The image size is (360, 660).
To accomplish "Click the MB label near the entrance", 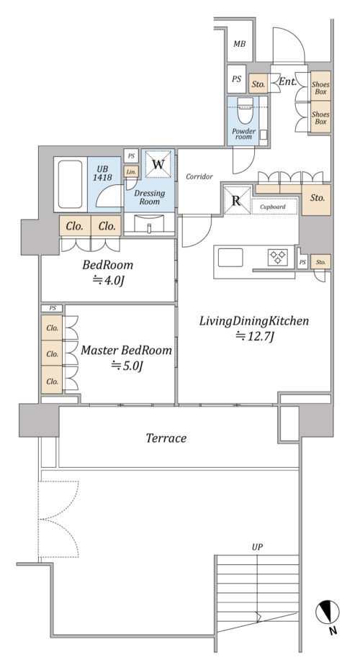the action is (240, 44).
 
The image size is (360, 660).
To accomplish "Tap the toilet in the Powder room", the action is (245, 110).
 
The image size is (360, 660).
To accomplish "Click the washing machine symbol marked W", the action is (158, 163).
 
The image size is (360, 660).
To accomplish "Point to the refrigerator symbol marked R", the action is (237, 200).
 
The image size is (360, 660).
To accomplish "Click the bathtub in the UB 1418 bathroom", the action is (71, 184).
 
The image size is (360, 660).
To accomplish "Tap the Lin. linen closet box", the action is (131, 172).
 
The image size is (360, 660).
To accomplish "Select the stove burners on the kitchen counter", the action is (277, 257).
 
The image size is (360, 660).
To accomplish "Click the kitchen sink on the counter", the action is (230, 257).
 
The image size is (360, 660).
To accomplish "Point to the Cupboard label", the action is (272, 207).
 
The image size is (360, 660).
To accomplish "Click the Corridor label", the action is (199, 177).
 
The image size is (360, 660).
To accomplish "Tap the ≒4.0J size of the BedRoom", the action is (108, 281).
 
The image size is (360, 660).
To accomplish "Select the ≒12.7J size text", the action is (255, 336).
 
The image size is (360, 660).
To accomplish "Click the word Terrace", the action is (166, 438).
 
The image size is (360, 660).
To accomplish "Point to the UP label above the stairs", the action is (257, 547).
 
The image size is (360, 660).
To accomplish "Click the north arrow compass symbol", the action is (328, 612).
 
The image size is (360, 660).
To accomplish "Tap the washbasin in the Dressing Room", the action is (149, 224).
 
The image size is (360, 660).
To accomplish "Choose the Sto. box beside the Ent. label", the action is (258, 84).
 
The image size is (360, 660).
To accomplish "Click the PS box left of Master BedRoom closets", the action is (53, 309).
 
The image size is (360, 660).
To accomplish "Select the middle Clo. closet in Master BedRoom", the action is (53, 353).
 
